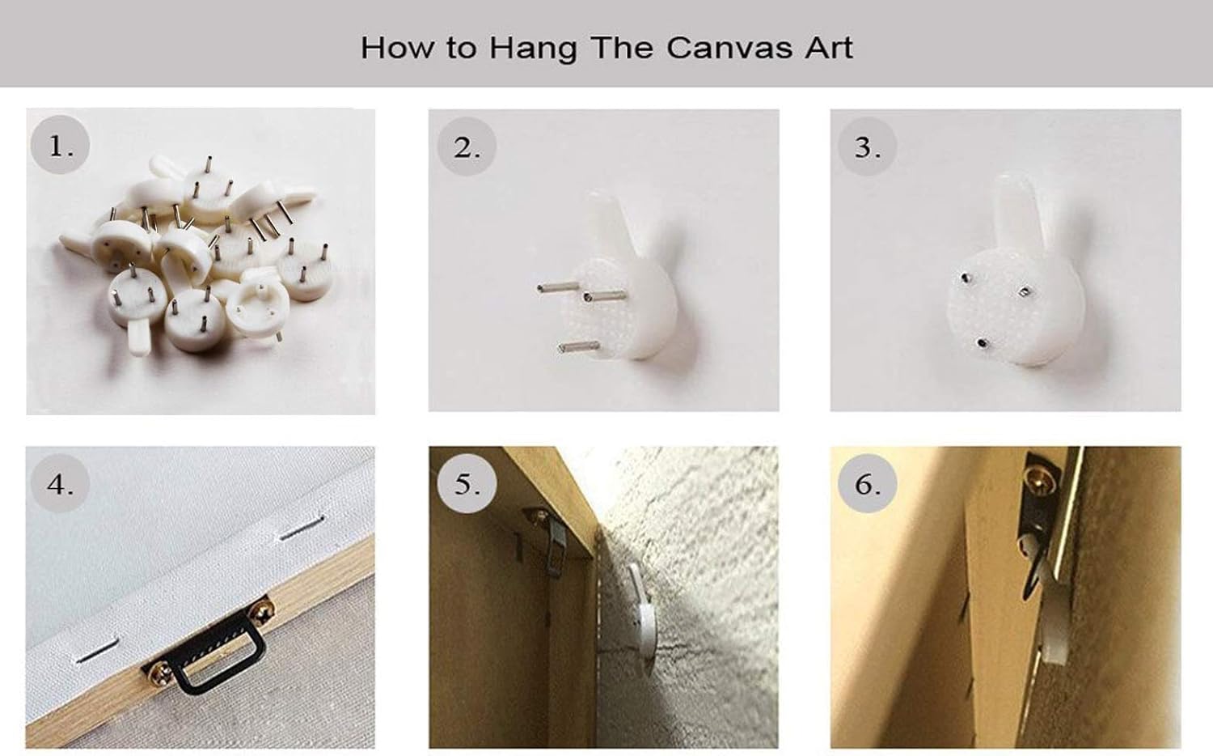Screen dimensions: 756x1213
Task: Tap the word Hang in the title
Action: click(532, 49)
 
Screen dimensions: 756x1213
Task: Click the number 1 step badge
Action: click(61, 147)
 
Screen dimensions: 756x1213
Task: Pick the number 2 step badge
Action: click(467, 147)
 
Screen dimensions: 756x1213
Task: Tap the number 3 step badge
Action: click(868, 147)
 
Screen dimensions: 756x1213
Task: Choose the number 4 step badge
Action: click(61, 484)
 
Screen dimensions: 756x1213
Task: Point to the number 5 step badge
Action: click(467, 484)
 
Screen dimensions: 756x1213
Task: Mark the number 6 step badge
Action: click(868, 484)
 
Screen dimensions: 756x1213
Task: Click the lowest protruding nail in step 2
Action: click(577, 347)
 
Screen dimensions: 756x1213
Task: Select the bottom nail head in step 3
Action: click(981, 342)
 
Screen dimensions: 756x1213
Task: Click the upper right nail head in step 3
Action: click(1025, 291)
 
